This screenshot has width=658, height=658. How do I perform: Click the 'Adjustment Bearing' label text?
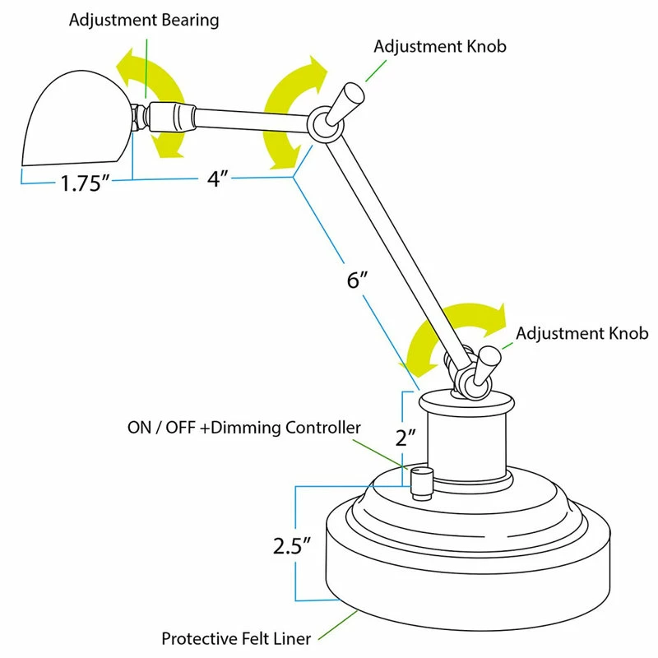144,21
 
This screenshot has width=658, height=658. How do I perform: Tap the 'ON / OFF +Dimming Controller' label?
243,428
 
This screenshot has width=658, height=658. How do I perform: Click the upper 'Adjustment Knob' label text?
440,46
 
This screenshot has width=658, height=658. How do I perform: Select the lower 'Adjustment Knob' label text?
582,333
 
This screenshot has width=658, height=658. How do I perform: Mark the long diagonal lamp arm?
382,247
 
